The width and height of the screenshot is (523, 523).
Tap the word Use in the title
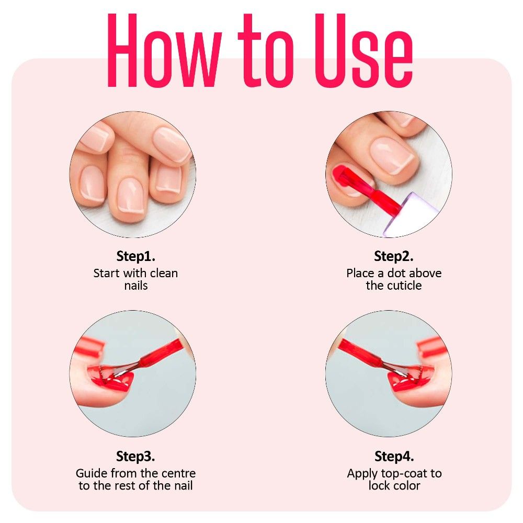click(x=363, y=50)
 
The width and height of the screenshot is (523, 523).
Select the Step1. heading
click(x=136, y=256)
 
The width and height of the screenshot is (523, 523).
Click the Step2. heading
click(x=394, y=256)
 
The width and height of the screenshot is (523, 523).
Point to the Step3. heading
click(x=135, y=456)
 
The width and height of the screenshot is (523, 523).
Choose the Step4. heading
click(x=394, y=456)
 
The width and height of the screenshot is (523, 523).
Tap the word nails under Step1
click(x=136, y=286)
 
